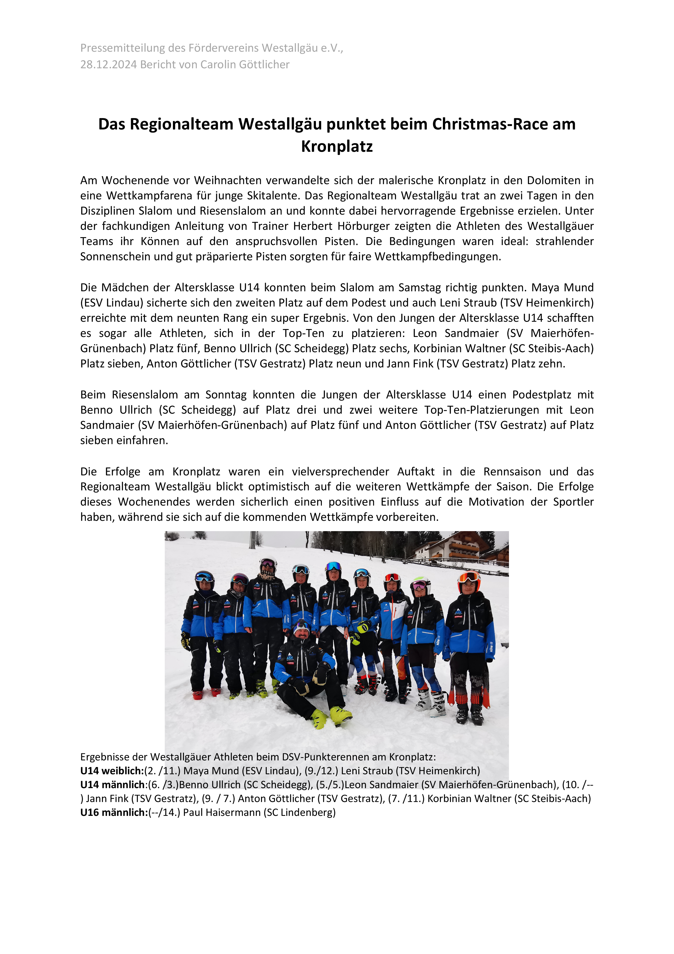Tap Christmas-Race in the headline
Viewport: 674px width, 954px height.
point(490,124)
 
